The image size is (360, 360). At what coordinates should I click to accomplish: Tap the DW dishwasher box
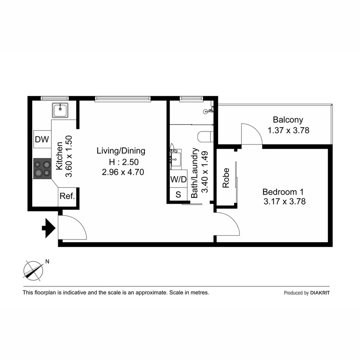pos(42,140)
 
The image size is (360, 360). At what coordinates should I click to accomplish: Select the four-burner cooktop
pos(42,168)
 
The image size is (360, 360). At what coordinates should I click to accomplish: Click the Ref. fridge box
pos(67,196)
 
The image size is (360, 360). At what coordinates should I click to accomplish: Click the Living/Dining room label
pos(121,151)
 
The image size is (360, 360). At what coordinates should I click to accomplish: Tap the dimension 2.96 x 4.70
pos(123,172)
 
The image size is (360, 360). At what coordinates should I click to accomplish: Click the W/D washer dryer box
pos(178,180)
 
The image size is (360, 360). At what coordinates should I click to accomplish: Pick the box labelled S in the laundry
pos(178,194)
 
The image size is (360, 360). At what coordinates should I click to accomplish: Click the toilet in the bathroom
pos(204,136)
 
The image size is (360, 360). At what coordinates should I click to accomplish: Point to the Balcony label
pos(288,120)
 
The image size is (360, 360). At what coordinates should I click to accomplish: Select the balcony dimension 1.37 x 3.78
pos(289,131)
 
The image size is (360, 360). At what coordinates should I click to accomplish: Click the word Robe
pos(226,178)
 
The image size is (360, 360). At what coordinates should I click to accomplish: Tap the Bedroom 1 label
pos(283,192)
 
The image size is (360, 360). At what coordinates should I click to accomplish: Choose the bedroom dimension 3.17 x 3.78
pos(284,201)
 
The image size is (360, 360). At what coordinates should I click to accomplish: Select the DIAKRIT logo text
pos(320,293)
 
